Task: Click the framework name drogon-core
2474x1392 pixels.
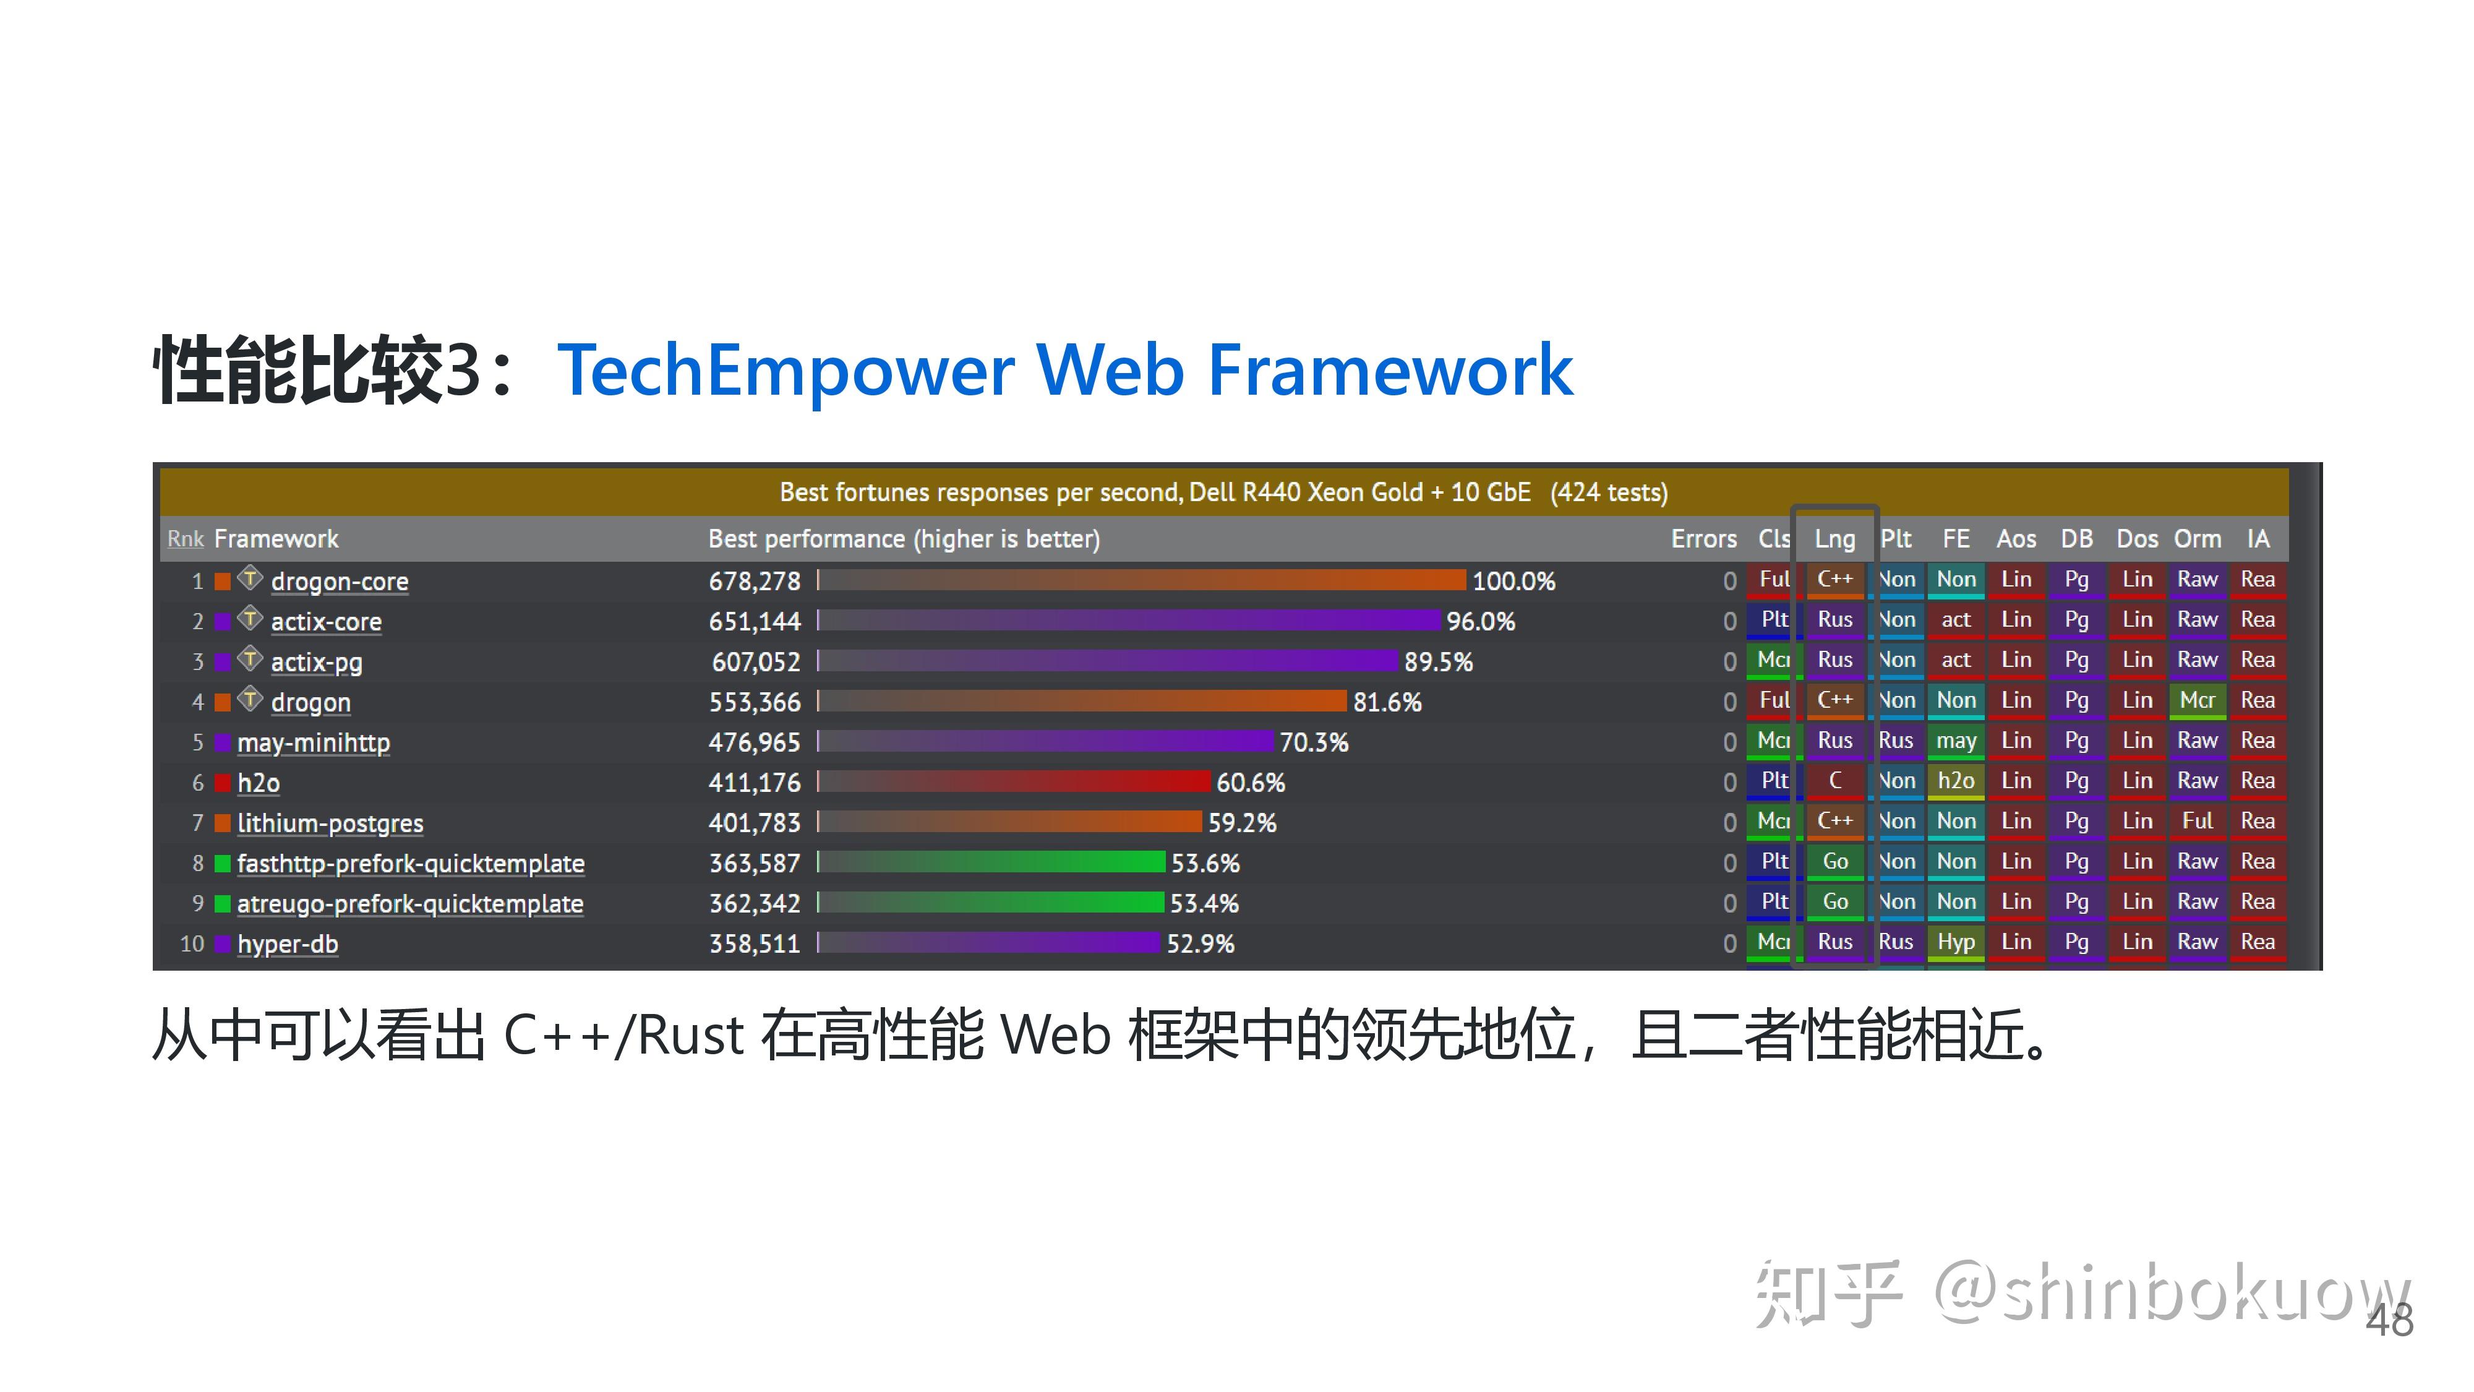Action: [339, 581]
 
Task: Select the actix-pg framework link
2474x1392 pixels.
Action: [316, 662]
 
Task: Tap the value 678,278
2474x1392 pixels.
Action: [754, 581]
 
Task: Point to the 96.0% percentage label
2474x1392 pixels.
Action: [1480, 622]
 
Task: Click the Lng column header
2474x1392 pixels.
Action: [1834, 539]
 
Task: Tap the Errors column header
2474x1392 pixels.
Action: [1703, 539]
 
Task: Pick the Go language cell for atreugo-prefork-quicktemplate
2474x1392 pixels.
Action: [1834, 902]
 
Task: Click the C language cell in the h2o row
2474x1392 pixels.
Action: [1834, 781]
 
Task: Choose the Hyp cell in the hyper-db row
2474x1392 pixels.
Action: [1955, 942]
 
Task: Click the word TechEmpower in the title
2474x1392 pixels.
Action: [785, 371]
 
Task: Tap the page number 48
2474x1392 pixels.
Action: [2389, 1321]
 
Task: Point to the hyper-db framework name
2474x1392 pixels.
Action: [287, 944]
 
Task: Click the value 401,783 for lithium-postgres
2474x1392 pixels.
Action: [754, 823]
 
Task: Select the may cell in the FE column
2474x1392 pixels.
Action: [1955, 741]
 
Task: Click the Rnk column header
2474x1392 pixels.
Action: [186, 539]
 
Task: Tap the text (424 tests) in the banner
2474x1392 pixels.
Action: [1609, 493]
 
